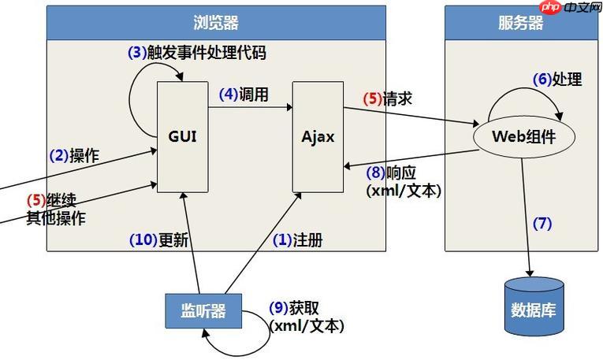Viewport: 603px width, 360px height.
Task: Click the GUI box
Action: point(183,137)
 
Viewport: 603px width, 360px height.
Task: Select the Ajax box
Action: point(318,137)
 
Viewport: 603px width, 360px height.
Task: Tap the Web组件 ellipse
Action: point(524,137)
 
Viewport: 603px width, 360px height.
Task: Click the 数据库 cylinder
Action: point(534,306)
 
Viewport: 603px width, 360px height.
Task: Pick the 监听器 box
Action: point(203,311)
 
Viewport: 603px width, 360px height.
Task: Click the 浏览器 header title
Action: point(216,23)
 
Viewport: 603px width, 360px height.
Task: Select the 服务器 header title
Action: point(521,23)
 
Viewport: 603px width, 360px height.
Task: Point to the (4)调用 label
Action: point(244,94)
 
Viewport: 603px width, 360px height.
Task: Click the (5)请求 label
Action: point(388,98)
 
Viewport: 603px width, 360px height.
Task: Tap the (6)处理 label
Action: point(557,79)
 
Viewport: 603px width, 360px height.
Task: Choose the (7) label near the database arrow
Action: point(542,223)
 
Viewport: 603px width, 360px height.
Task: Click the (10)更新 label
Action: point(158,240)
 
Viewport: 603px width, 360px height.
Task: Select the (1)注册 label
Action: point(298,240)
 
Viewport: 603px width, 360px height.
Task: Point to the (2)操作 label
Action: point(74,156)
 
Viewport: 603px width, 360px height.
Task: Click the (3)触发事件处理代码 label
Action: point(197,53)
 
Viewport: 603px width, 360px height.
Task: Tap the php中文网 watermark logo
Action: point(571,7)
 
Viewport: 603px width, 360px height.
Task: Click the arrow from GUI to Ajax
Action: point(251,108)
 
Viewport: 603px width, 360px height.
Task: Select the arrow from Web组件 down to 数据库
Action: point(526,217)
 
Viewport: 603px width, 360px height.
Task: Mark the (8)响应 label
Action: point(391,173)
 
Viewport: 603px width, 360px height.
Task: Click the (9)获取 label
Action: point(294,308)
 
